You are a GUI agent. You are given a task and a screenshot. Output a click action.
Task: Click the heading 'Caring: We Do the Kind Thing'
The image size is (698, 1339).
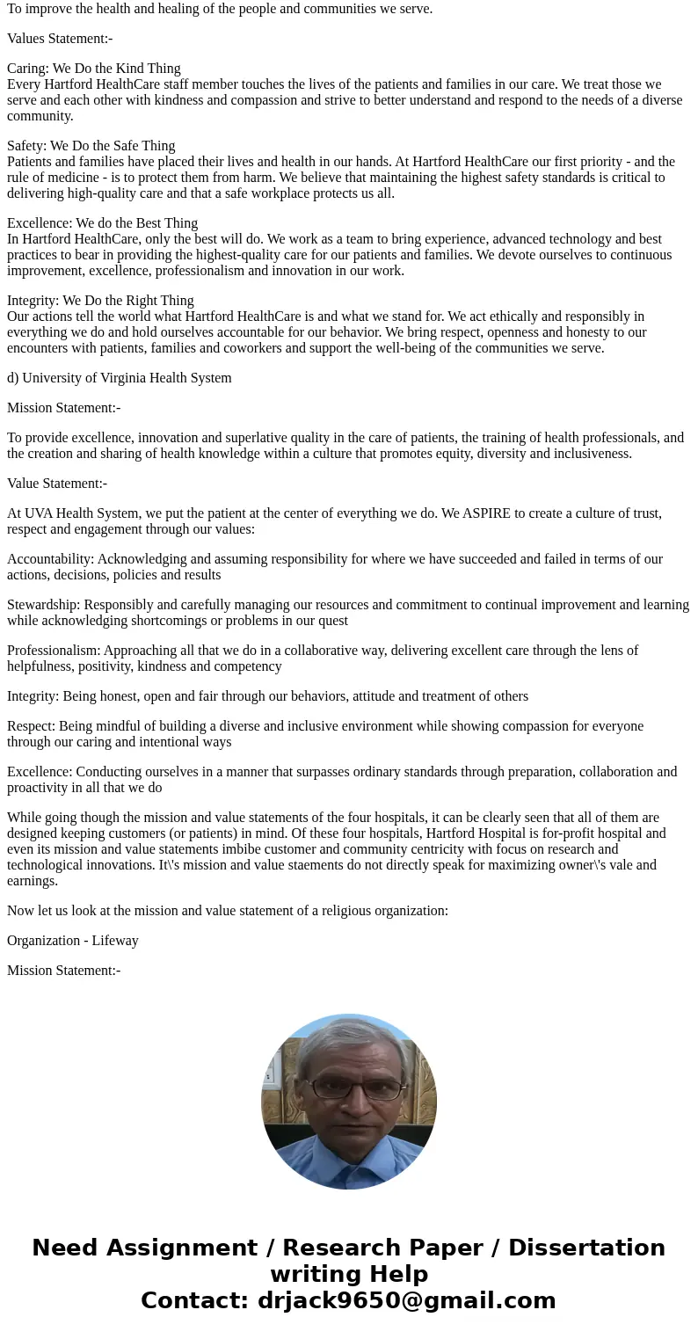[x=94, y=69]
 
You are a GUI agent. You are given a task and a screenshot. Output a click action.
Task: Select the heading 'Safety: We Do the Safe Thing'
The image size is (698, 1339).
[x=91, y=146]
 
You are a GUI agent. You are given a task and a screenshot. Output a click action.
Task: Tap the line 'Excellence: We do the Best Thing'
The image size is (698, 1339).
[x=102, y=223]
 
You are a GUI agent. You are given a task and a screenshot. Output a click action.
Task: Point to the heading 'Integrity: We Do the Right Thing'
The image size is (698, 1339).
[x=100, y=301]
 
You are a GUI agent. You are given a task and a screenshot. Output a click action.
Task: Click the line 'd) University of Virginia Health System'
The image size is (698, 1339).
[x=120, y=378]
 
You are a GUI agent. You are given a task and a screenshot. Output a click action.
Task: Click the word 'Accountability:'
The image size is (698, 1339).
[x=50, y=559]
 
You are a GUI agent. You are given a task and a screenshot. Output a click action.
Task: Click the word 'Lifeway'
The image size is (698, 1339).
[x=115, y=941]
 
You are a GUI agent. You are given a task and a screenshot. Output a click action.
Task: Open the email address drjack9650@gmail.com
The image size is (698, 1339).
[x=406, y=1301]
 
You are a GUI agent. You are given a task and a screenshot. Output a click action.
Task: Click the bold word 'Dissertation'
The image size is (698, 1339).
[x=586, y=1248]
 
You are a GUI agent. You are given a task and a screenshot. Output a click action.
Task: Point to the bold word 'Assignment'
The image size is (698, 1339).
[x=183, y=1248]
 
